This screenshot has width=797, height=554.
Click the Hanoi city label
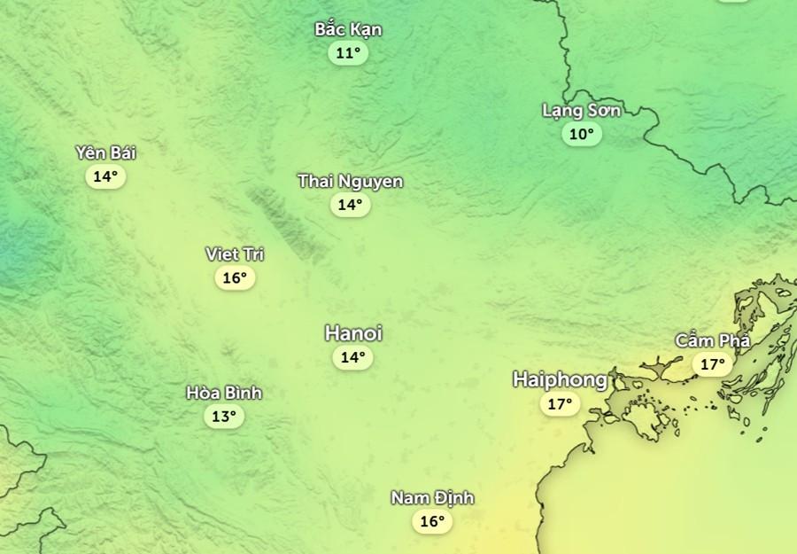[353, 334]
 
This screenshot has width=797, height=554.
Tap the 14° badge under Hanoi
[352, 358]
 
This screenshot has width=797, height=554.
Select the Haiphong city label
[560, 380]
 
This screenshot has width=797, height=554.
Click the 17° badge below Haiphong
[560, 405]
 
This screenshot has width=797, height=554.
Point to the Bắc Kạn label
[349, 29]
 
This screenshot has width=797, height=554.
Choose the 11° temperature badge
[349, 53]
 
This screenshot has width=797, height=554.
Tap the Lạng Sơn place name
[581, 111]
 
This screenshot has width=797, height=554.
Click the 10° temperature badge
[581, 135]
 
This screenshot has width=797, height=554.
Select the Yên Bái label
[105, 152]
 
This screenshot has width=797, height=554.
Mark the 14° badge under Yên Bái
[105, 176]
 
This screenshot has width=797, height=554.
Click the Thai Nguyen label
[350, 182]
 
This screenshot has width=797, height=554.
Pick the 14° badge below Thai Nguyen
[350, 206]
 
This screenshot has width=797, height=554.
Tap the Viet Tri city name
[235, 254]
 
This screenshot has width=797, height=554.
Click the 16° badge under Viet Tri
[235, 278]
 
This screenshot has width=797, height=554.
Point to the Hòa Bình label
[224, 393]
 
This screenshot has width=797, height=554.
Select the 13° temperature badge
[224, 417]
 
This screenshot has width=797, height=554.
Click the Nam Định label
[432, 498]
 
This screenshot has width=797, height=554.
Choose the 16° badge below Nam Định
[432, 522]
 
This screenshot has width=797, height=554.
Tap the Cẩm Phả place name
[713, 341]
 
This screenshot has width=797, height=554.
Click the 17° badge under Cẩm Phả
[713, 364]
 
